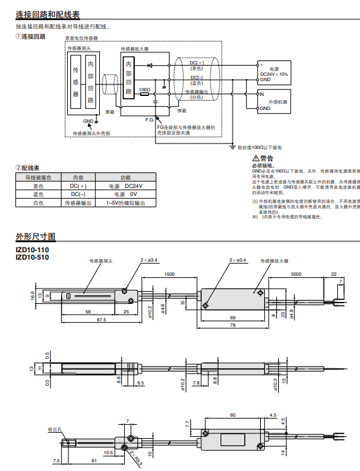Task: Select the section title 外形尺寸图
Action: [x=36, y=237]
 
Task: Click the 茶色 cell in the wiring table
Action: [x=38, y=185]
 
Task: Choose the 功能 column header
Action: [x=125, y=177]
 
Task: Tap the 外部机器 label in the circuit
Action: [x=277, y=101]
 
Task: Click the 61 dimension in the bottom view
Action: [x=93, y=461]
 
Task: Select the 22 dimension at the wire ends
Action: [x=334, y=274]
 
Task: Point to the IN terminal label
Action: [x=262, y=95]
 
